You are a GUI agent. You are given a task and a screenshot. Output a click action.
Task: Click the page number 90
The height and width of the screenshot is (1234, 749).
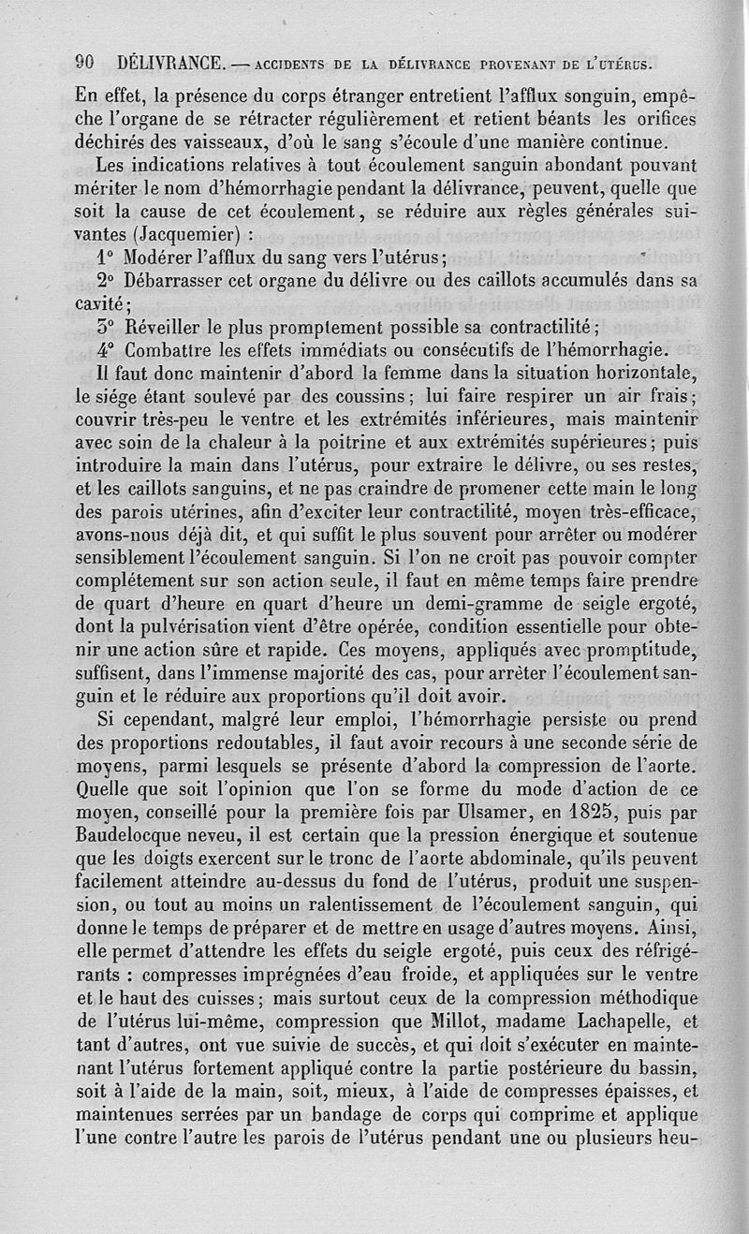[x=86, y=64]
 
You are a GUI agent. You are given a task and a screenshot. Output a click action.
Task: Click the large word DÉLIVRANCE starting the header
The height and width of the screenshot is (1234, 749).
[x=170, y=64]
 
